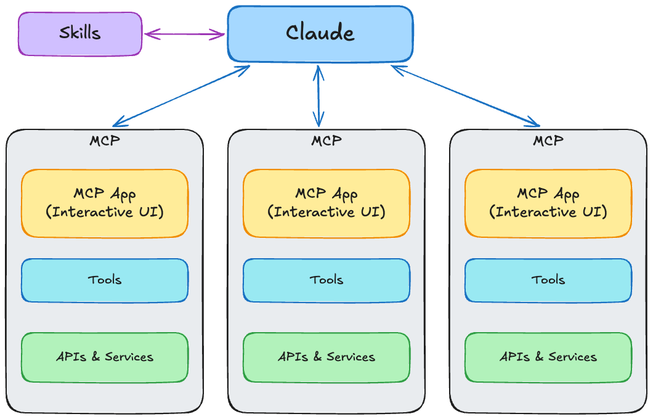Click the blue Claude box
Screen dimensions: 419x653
tap(320, 34)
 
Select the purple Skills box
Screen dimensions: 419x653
tap(80, 33)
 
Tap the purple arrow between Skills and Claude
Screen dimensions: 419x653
tap(185, 35)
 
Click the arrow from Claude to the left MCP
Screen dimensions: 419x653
tap(182, 95)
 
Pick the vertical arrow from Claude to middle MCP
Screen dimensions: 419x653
tap(318, 96)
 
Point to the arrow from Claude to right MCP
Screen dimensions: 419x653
tap(465, 95)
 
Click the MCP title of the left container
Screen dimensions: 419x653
tap(105, 140)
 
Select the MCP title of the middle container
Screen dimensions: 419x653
tap(326, 140)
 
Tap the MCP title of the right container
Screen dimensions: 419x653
tap(548, 140)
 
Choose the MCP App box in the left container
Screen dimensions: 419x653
tap(105, 203)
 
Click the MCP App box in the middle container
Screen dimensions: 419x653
tap(326, 203)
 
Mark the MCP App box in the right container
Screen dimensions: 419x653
tap(548, 203)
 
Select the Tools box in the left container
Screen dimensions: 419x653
tap(105, 280)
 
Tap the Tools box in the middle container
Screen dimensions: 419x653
tap(326, 280)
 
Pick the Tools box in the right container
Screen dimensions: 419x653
tap(548, 280)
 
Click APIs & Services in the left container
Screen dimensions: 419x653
tap(105, 357)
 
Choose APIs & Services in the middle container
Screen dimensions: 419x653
tap(326, 357)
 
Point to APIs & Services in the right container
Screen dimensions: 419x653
tap(548, 357)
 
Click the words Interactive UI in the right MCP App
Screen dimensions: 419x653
tap(548, 213)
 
